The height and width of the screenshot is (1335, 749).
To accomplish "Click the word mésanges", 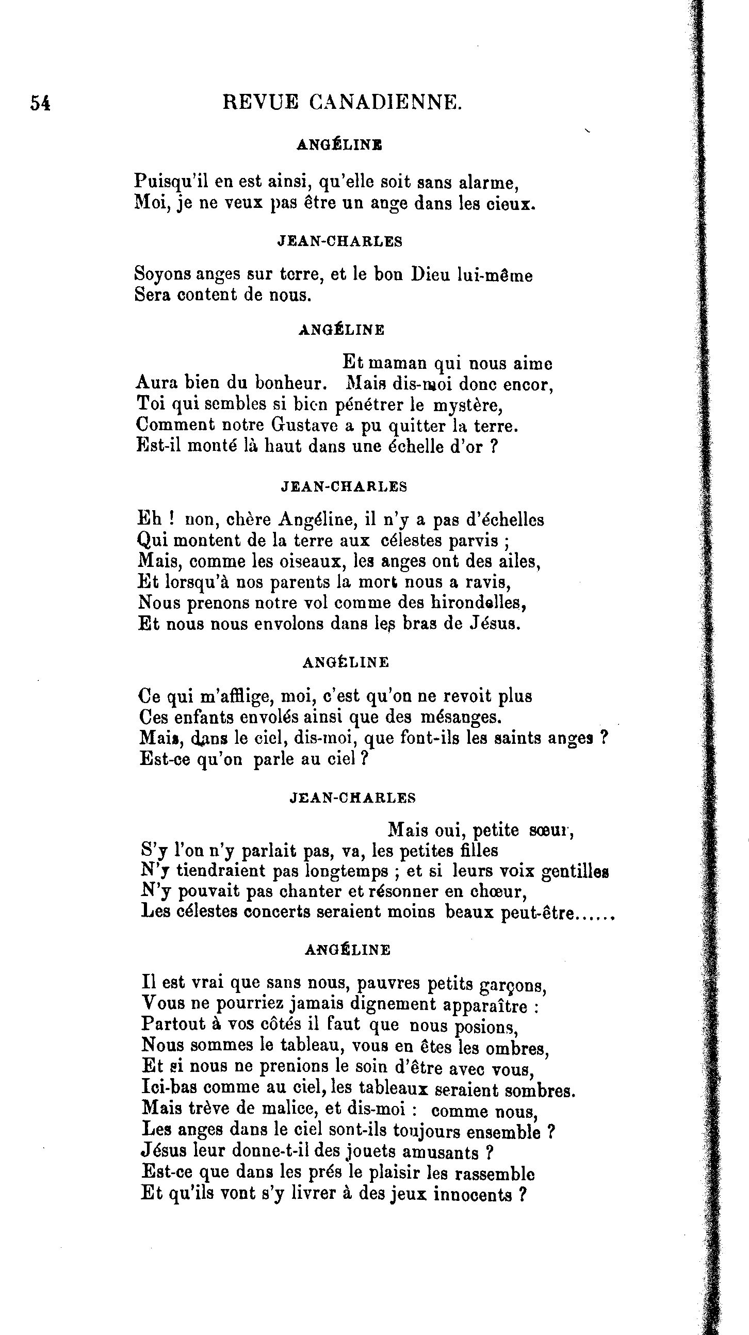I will pyautogui.click(x=461, y=717).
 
